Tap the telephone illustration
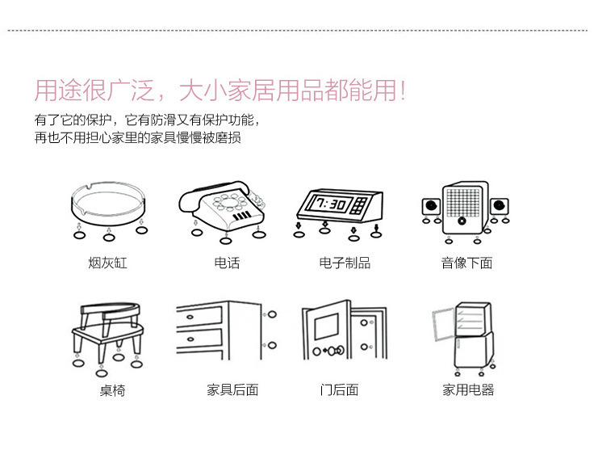[222, 205]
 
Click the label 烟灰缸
[108, 263]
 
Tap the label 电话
[227, 263]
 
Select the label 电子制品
[345, 263]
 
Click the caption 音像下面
[466, 263]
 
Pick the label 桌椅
[112, 390]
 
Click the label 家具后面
[232, 389]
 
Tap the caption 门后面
[339, 389]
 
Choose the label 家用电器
[468, 389]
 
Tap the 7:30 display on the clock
[332, 204]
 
